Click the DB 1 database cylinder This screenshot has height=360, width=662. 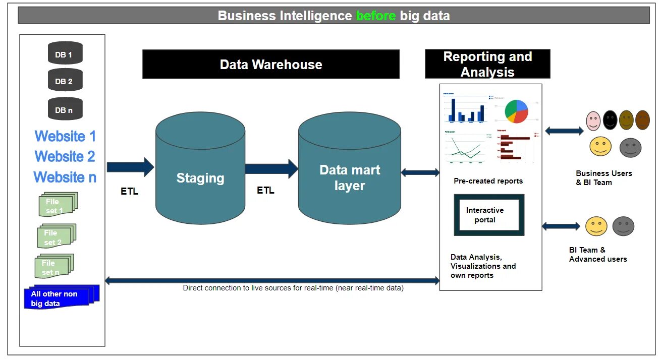pos(65,53)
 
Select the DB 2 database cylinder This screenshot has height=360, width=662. pos(65,81)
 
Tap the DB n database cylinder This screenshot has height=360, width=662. pos(65,109)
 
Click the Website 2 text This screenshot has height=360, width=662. pos(65,157)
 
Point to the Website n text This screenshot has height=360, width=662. pos(65,177)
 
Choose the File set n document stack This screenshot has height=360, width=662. pos(54,267)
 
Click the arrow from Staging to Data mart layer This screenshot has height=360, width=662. pos(271,169)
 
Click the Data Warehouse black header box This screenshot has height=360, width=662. pos(271,65)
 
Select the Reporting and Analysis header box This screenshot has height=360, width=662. pos(487,64)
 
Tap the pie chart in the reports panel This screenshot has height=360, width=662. pos(516,111)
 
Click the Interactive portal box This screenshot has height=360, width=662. pos(489,215)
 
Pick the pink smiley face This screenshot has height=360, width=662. pos(593,120)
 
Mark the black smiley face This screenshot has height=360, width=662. pos(610,120)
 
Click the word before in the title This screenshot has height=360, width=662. pos(375,16)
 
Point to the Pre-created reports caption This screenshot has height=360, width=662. pos(488,181)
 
